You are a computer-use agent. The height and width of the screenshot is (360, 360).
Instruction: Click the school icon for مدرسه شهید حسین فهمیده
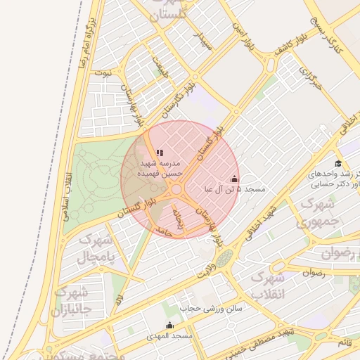(160, 152)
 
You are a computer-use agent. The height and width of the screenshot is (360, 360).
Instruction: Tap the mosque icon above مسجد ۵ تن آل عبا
(234, 179)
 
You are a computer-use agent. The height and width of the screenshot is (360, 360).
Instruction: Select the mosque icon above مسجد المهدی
(169, 325)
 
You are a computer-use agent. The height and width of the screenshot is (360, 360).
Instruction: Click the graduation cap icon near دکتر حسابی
(339, 163)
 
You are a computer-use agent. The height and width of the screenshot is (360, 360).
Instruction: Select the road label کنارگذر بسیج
(329, 35)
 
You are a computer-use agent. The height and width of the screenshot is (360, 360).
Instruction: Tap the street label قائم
(345, 342)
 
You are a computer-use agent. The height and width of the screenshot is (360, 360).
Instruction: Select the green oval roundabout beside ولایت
(224, 259)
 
